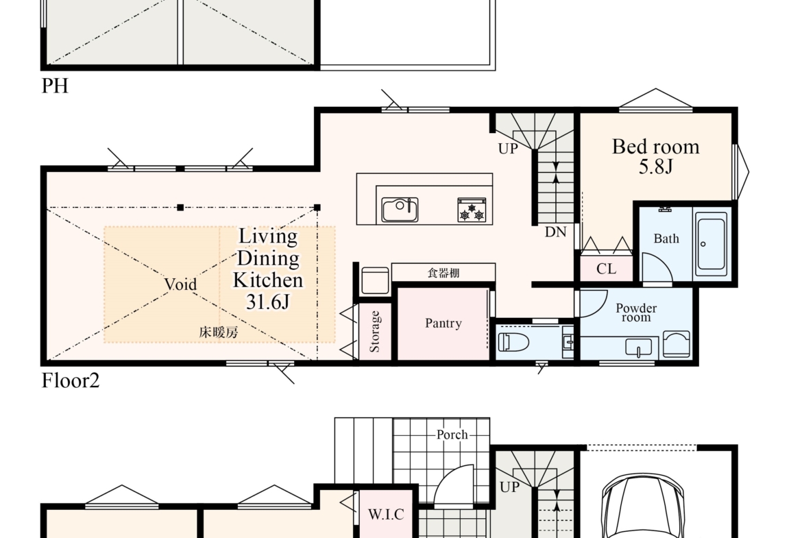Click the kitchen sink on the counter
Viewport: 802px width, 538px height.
(400, 210)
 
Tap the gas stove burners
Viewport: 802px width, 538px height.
(472, 210)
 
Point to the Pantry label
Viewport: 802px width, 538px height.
(443, 323)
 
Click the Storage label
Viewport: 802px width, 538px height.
(374, 332)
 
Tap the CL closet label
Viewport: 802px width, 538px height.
(606, 269)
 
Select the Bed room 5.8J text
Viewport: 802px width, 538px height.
(656, 156)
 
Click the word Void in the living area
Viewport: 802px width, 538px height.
(180, 284)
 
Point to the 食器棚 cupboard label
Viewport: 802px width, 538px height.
(443, 273)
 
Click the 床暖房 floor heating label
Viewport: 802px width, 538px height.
(219, 332)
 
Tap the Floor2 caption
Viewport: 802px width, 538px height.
(71, 380)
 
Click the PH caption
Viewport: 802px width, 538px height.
(55, 86)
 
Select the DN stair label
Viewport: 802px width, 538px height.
(555, 232)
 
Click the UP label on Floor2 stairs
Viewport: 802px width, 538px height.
(508, 149)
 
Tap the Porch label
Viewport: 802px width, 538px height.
(452, 435)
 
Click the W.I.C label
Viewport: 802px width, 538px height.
(386, 515)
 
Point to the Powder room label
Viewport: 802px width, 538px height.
(636, 313)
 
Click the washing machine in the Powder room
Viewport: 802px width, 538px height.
(676, 343)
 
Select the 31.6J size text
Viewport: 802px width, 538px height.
(267, 302)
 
